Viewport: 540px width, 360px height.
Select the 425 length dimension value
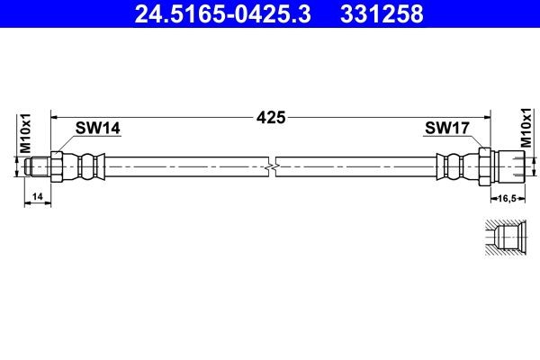pos(270,117)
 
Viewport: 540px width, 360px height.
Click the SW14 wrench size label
pos(96,129)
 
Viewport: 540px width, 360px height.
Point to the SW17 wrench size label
pos(446,129)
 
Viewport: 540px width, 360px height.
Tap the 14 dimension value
pos(37,195)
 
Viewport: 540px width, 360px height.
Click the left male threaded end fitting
pos(38,166)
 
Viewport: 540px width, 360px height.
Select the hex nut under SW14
pos(57,166)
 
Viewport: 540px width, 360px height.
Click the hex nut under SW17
pos(485,166)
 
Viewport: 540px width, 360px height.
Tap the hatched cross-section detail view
pos(503,238)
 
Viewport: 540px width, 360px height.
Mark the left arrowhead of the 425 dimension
pos(54,117)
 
